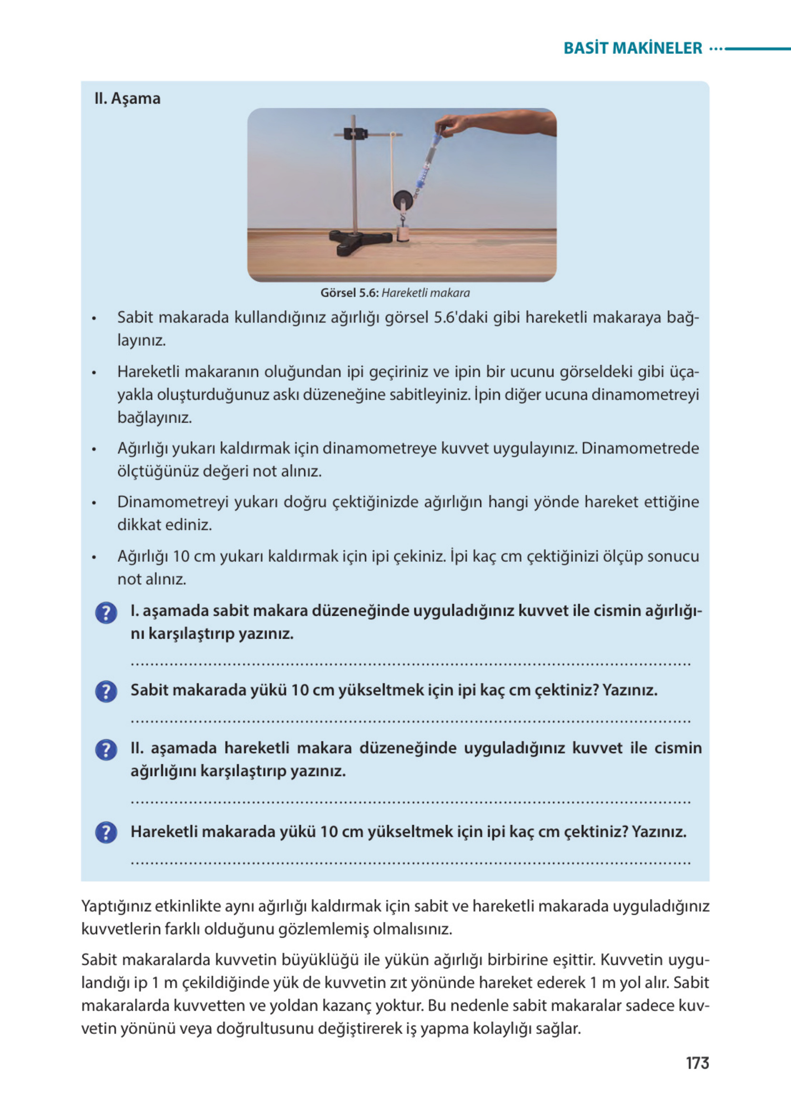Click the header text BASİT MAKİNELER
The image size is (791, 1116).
click(632, 48)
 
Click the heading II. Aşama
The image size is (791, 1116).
click(127, 99)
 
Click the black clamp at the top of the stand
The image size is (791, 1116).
click(355, 134)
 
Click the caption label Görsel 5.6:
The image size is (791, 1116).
click(349, 293)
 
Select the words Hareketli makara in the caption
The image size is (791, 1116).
click(426, 293)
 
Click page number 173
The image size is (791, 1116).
click(697, 1063)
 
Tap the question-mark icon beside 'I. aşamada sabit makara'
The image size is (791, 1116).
click(106, 613)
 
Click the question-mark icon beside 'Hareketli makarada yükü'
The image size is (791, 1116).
click(106, 832)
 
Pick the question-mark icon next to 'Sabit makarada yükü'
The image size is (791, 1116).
click(106, 692)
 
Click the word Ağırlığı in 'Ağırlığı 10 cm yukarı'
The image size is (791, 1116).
click(143, 556)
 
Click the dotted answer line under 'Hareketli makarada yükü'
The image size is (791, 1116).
click(411, 863)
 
